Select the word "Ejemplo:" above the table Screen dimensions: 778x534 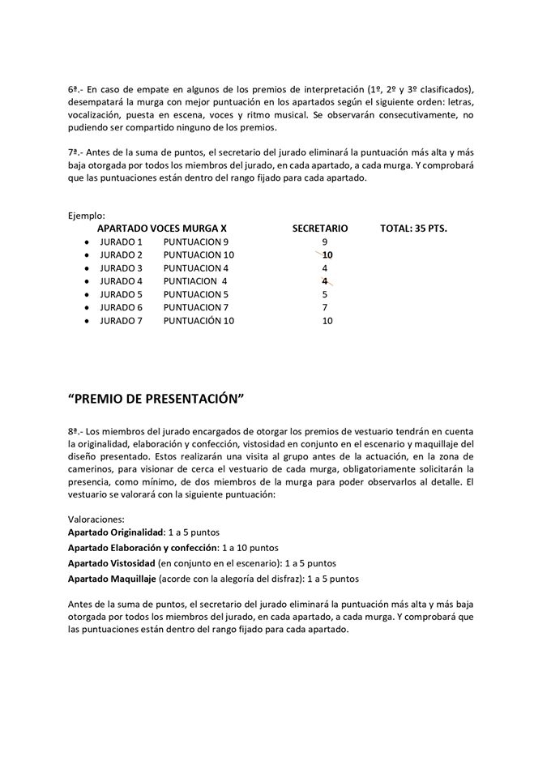(87, 216)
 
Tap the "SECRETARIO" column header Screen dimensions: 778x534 (320, 229)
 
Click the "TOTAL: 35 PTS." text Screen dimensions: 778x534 (413, 229)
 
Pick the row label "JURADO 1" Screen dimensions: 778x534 (121, 242)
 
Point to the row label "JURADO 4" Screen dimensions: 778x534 (121, 281)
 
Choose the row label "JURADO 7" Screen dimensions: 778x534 (121, 320)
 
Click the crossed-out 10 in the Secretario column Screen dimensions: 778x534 (327, 255)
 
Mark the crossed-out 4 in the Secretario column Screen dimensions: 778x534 (325, 281)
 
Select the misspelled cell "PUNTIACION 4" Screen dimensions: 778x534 (195, 281)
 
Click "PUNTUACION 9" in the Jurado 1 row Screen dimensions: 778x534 (196, 242)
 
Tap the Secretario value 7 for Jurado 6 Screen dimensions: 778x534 (325, 307)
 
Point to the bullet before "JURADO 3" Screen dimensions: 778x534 (86, 268)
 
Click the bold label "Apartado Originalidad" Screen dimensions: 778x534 (116, 532)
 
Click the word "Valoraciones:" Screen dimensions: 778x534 (96, 517)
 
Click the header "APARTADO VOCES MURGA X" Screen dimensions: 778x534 (161, 229)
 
